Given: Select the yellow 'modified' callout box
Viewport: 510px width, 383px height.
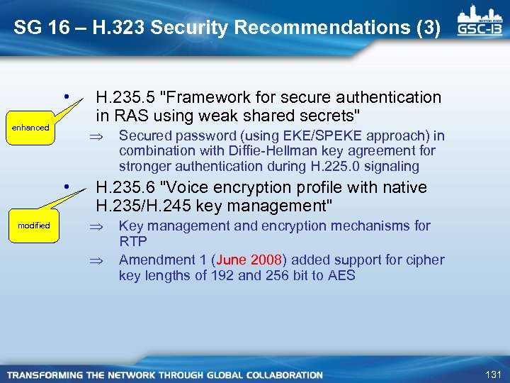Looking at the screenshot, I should coord(34,226).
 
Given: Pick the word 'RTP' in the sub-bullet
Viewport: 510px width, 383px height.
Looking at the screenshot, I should coord(132,241).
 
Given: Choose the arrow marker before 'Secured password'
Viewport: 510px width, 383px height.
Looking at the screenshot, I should coord(102,136).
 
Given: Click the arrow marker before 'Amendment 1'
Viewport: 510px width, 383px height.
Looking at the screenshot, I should coord(102,260).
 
